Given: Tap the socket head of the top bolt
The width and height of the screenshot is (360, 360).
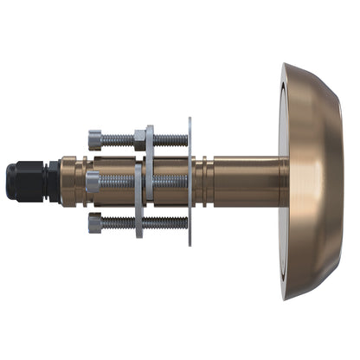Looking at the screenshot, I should (x=95, y=138).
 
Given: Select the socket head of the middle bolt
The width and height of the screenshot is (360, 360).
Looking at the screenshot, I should (x=93, y=182).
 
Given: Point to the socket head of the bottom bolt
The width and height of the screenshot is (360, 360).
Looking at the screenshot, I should (x=95, y=223).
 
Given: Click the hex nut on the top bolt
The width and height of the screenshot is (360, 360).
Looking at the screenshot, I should (x=139, y=138).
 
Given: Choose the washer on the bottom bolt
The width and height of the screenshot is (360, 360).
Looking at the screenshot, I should (x=138, y=223).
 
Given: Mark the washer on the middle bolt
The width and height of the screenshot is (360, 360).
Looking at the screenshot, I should (x=138, y=183).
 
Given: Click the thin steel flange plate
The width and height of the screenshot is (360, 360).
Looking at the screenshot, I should (x=190, y=182).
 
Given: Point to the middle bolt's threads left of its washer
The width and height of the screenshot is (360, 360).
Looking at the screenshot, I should (x=119, y=183).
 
